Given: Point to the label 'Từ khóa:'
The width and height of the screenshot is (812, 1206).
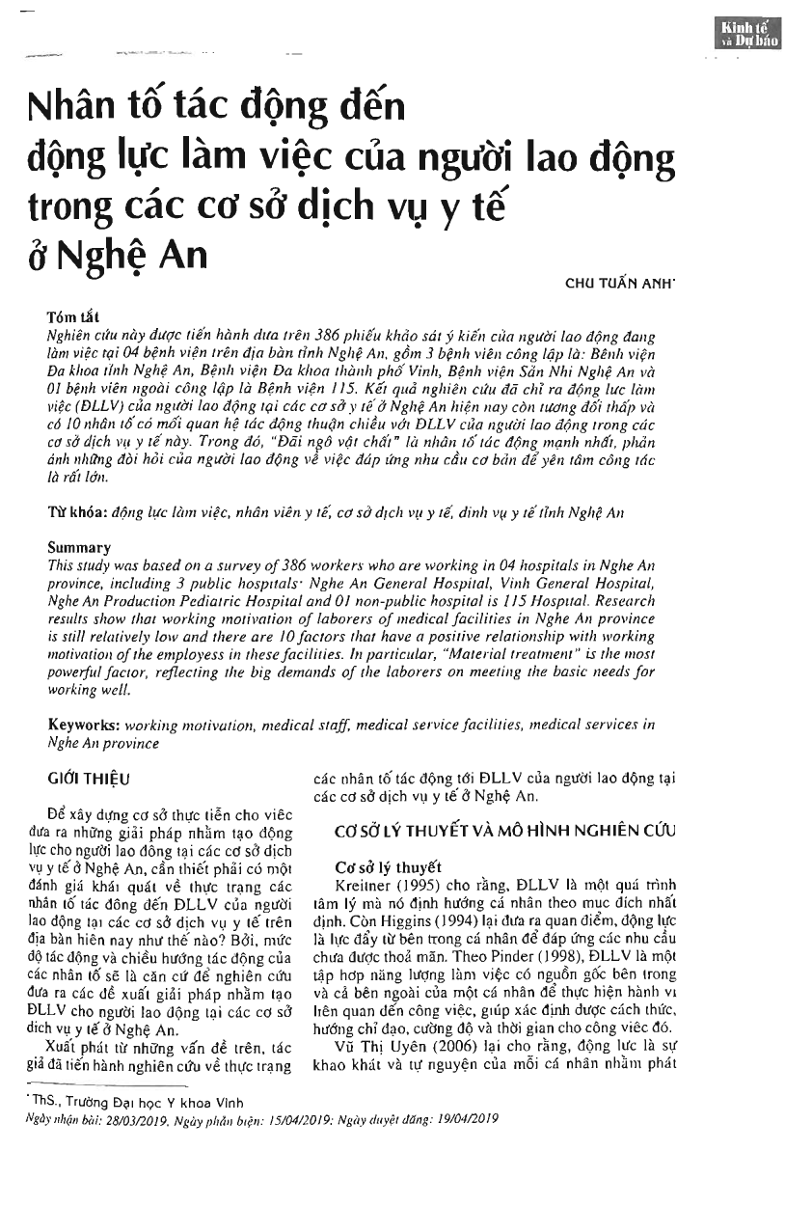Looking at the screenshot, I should pyautogui.click(x=76, y=513).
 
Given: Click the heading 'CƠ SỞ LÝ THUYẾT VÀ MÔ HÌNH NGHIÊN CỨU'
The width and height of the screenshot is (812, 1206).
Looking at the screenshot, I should pyautogui.click(x=504, y=830).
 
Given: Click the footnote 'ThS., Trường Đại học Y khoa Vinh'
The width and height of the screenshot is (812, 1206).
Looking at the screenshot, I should pyautogui.click(x=134, y=1104).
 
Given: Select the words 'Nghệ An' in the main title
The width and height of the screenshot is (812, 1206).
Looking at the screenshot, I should pyautogui.click(x=142, y=255).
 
